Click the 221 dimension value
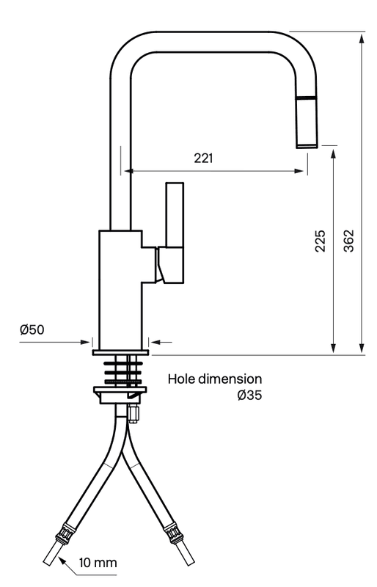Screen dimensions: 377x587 [x=203, y=158]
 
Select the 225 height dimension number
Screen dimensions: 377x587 [x=320, y=241]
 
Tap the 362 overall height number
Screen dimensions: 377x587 [x=348, y=241]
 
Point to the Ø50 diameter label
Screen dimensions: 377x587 [x=32, y=329]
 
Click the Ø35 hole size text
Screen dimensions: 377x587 [x=249, y=395]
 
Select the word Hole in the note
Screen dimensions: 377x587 [x=182, y=379]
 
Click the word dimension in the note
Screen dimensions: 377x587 [x=230, y=379]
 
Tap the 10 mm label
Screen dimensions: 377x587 [x=98, y=562]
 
